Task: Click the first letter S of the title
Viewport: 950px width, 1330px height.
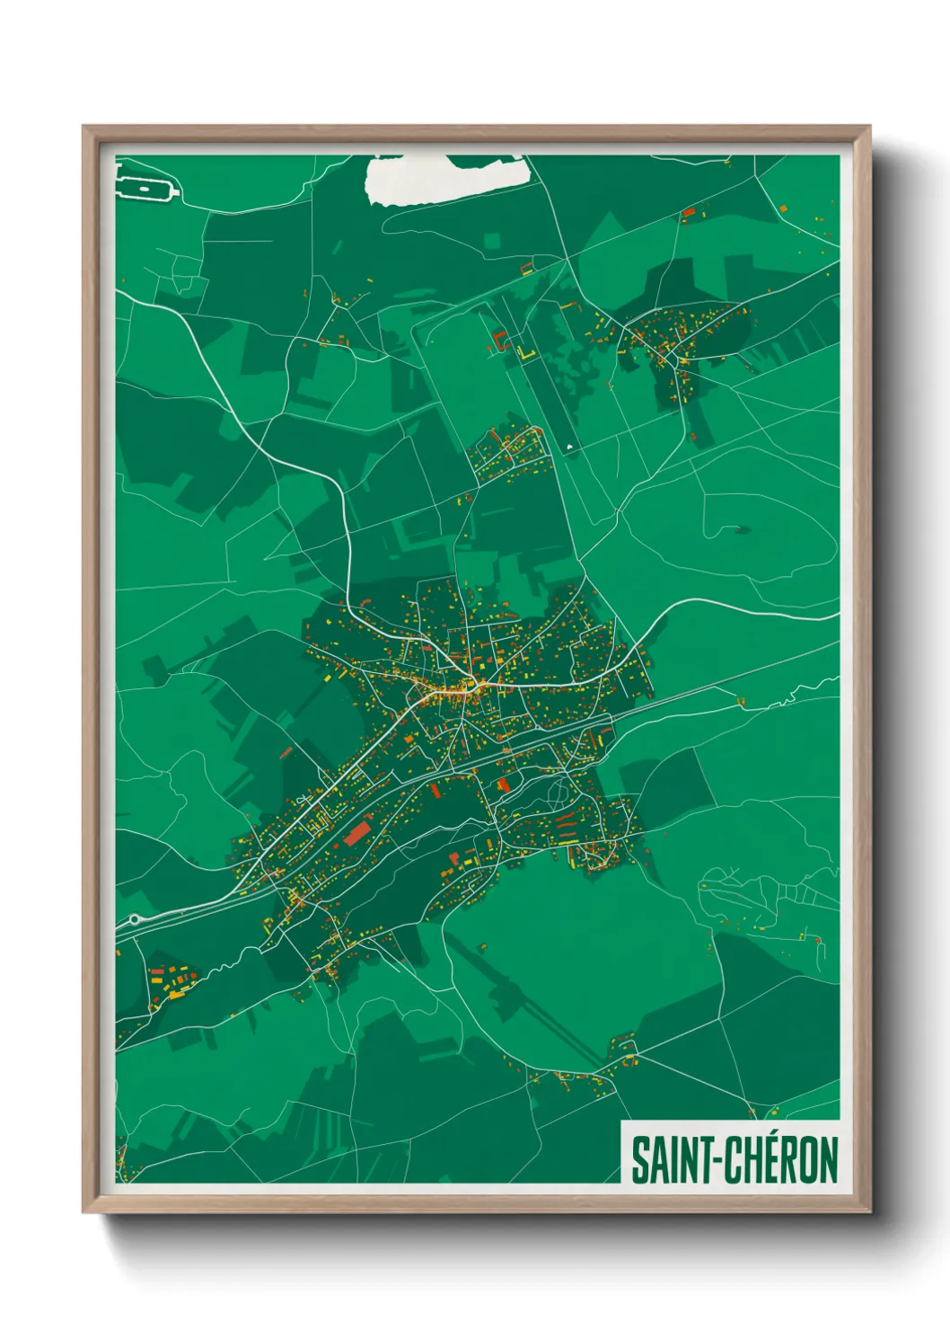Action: [x=640, y=1160]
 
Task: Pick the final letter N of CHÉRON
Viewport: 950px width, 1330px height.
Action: [x=828, y=1160]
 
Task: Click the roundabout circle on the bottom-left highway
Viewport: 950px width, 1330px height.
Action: [x=135, y=919]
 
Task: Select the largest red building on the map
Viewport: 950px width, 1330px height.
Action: [x=357, y=832]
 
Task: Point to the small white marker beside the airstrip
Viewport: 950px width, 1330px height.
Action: [x=570, y=446]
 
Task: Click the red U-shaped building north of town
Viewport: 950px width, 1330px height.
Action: [x=499, y=341]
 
